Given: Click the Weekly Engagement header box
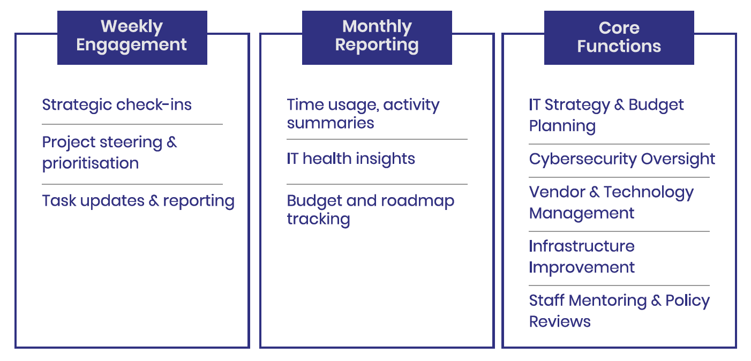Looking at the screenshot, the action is [x=132, y=37].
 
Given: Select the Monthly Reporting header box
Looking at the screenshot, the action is [x=377, y=37].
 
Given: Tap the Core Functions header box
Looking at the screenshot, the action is [x=619, y=37].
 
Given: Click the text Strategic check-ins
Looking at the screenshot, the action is [x=117, y=105].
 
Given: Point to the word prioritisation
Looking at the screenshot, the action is [x=91, y=163].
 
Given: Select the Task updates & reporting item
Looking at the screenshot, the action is [x=138, y=201].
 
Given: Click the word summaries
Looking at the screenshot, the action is [x=331, y=123].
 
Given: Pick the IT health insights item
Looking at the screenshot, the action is [x=351, y=159].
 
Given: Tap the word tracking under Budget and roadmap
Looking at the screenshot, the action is [x=319, y=219].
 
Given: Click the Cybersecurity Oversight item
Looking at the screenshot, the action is [x=622, y=159].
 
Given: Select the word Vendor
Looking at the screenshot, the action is [x=557, y=192].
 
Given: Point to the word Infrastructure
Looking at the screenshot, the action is [x=582, y=246].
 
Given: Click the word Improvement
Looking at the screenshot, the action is [x=582, y=268].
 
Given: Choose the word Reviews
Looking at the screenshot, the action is [x=560, y=322].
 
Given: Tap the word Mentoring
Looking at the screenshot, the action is [x=608, y=301].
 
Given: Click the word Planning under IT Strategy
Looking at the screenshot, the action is [x=562, y=126].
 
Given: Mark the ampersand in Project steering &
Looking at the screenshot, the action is [x=171, y=142].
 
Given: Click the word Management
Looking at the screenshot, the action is [x=582, y=214].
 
